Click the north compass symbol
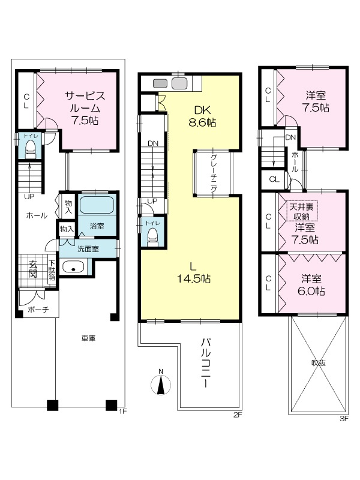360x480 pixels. pos(161,383)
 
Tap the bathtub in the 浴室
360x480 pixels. pos(97,205)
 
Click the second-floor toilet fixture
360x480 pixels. pos(152,237)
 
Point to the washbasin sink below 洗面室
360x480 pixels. pos(73,267)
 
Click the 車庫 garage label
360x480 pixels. pos(88,338)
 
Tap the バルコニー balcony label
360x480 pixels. pos(206,363)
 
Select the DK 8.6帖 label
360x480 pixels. pos(202,116)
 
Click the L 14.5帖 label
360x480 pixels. pos(193,273)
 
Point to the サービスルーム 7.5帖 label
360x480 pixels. pos(85,108)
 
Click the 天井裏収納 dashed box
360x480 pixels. pos(302,211)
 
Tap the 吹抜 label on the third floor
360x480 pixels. pos(319,363)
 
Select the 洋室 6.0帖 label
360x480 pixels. pos(311,284)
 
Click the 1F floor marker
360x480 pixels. pos(122,411)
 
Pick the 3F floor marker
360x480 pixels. pos(344,419)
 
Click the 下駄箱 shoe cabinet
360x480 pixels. pos(52,270)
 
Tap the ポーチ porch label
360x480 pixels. pos(38,310)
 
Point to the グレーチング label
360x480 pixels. pos(214,173)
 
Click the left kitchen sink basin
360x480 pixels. pos(160,83)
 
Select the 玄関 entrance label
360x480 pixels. pos(32,269)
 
